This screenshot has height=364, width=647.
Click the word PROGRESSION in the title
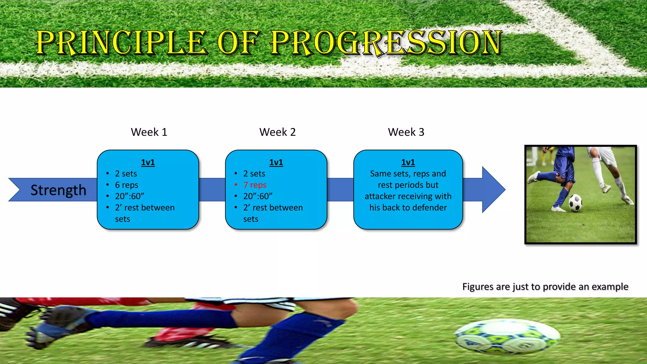pos(386,43)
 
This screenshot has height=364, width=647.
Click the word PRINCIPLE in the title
pos(122,43)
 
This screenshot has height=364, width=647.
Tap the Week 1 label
pos(149,132)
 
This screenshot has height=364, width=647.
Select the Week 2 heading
pos(277,132)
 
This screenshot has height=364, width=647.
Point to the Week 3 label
pos(406,132)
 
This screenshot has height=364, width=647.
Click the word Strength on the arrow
pos(58,190)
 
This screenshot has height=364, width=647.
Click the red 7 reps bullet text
pos(255,185)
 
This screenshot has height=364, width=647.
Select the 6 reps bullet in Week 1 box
pos(126,185)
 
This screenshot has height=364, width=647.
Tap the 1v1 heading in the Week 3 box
pos(408,162)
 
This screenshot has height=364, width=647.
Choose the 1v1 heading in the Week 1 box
pos(148,162)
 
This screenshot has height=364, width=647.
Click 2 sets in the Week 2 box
pos(254,173)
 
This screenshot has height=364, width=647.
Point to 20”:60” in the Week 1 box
pos(130,196)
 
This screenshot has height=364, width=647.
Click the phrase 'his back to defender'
pos(408,208)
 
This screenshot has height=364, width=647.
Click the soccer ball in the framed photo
pos(576,203)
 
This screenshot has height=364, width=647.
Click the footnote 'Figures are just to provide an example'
pos(545,287)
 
